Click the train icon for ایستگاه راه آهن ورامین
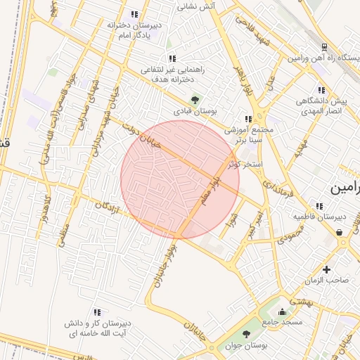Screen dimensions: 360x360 [324, 47]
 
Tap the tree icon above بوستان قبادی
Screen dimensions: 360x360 [195, 99]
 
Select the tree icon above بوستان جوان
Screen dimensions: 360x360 [246, 334]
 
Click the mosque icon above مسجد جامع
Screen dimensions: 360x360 [283, 312]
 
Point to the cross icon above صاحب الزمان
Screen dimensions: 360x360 [327, 269]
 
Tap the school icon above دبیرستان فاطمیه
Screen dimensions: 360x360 [319, 206]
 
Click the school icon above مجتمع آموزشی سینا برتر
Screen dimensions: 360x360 [247, 119]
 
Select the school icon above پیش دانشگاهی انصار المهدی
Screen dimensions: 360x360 [321, 90]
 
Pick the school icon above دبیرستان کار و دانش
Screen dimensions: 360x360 [97, 311]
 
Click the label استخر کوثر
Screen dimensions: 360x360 [245, 165]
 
